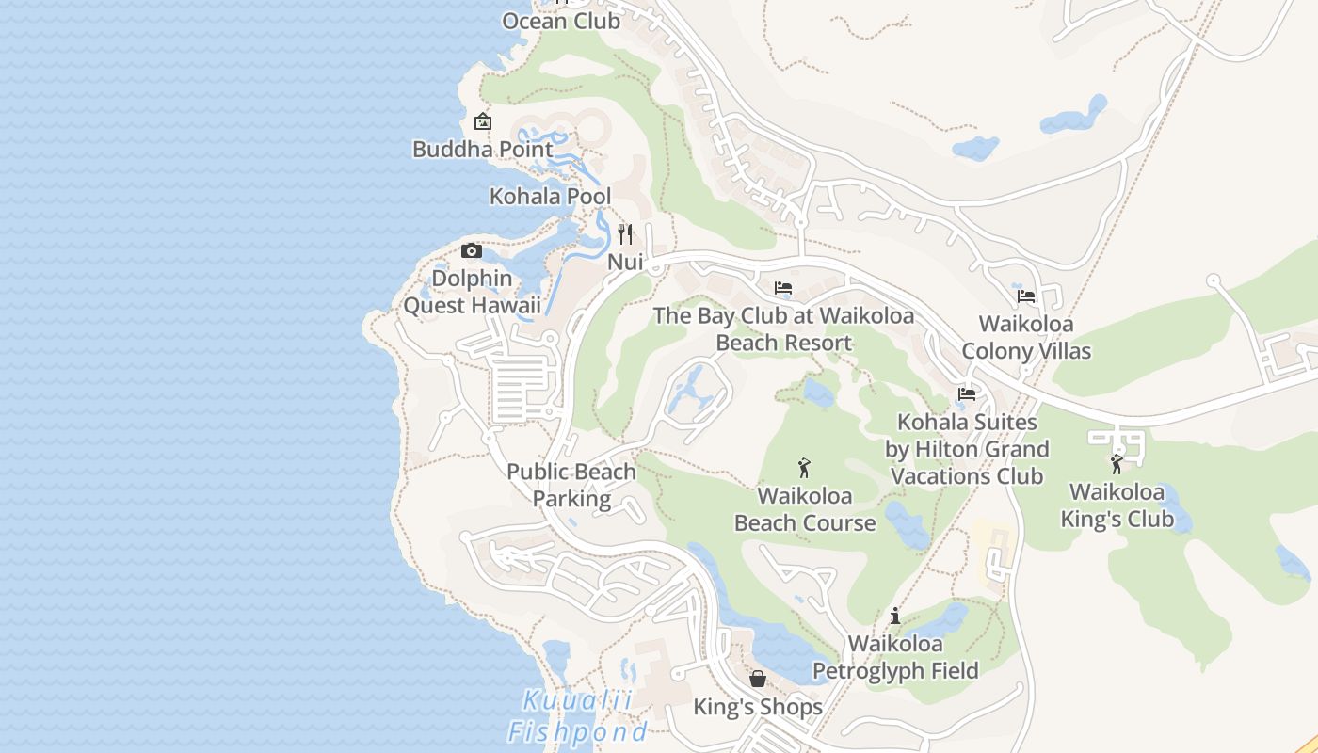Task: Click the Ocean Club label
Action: [561, 21]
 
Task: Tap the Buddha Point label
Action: [482, 149]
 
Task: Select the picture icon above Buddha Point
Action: [483, 121]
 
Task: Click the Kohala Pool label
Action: [550, 196]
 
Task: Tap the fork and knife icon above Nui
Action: [625, 233]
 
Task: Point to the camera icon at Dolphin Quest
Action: [472, 250]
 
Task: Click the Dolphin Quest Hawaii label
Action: [473, 292]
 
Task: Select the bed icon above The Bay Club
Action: [783, 288]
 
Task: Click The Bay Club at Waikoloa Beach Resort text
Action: [783, 328]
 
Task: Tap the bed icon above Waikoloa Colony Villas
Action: [1026, 296]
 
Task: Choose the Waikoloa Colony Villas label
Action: [1026, 337]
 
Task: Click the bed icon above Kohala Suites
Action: [967, 394]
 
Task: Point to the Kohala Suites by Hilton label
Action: [967, 449]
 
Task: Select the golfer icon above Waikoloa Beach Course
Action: [804, 468]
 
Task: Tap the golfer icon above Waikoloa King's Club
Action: [1117, 464]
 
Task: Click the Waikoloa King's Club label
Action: [1117, 505]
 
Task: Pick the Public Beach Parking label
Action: [571, 485]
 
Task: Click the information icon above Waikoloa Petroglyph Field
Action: [895, 617]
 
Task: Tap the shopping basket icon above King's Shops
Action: [758, 679]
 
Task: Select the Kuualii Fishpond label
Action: [578, 715]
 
